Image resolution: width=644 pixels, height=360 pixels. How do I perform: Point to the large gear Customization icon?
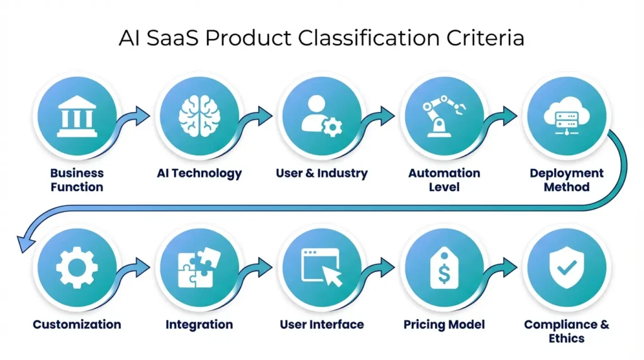77,267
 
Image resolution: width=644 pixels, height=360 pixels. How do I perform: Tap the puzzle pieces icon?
199,267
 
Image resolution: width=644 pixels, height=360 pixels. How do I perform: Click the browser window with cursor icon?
321,267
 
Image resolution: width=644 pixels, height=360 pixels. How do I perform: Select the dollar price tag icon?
444,267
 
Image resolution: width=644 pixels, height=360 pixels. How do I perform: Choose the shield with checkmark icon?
567,267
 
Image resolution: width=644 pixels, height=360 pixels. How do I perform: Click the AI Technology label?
199,173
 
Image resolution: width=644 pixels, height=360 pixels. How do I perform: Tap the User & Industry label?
321,173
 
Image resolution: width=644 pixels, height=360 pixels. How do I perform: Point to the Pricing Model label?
444,325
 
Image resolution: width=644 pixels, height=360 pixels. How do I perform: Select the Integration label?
199,325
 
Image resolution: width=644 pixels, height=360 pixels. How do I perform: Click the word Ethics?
567,339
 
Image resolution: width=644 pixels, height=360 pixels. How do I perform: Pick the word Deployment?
567,173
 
